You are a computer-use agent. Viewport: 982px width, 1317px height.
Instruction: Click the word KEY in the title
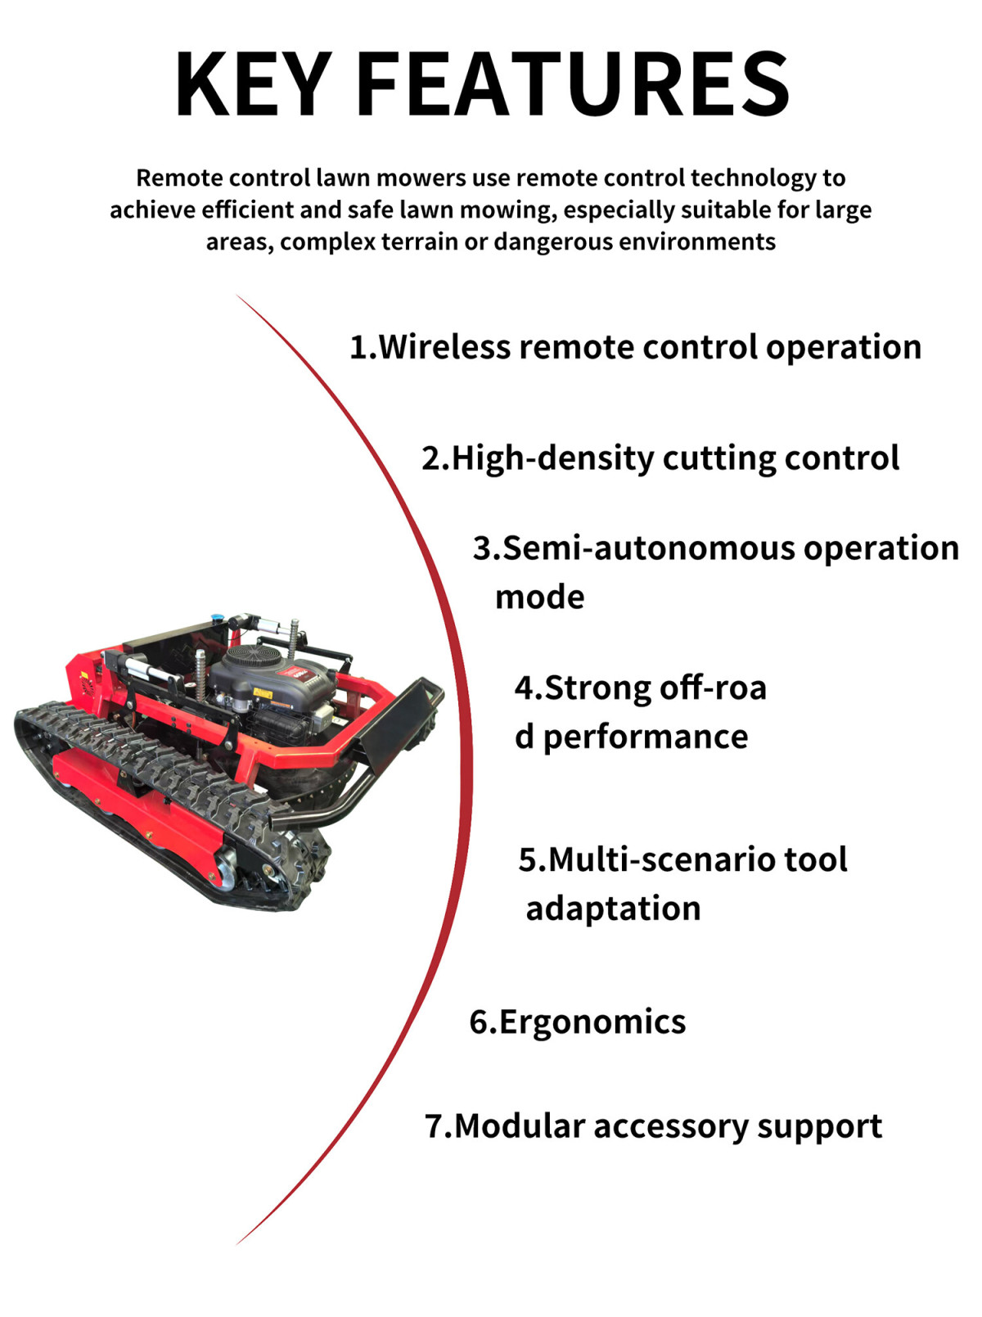[254, 84]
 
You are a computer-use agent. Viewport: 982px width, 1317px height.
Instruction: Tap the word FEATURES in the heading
[573, 84]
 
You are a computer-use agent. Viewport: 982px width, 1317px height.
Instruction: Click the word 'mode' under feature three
[540, 598]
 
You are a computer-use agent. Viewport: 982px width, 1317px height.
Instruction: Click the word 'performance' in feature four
[646, 737]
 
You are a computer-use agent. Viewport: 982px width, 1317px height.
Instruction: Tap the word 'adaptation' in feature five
[614, 909]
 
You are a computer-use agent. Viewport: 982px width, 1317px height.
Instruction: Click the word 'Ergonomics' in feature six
[592, 1022]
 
